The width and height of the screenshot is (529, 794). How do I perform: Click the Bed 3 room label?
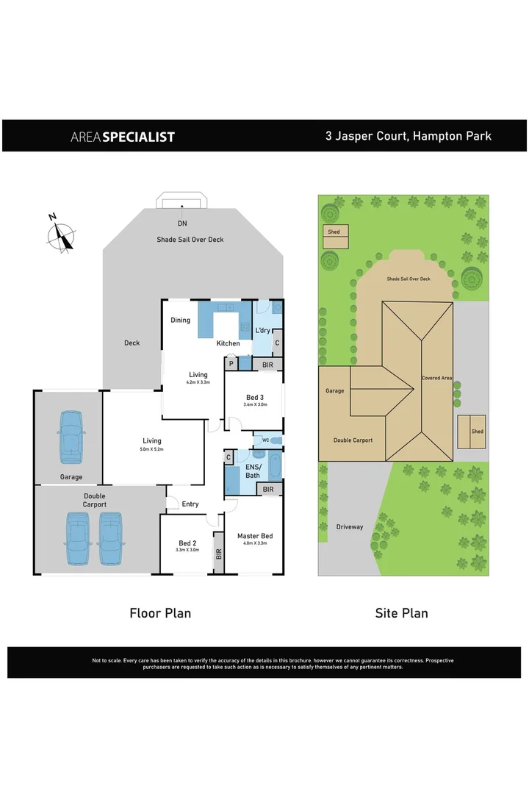tap(256, 397)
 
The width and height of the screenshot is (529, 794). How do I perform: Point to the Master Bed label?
tap(254, 536)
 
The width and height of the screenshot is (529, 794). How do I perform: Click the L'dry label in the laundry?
tap(263, 330)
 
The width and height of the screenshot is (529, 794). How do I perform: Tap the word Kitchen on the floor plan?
tap(228, 343)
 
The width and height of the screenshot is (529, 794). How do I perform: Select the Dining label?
tap(181, 320)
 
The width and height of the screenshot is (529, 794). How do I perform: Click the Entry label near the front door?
tap(190, 504)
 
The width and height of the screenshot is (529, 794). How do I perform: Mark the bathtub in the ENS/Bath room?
tap(275, 465)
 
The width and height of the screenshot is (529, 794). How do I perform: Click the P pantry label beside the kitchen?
tap(231, 363)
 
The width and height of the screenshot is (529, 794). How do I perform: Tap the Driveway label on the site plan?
tap(350, 526)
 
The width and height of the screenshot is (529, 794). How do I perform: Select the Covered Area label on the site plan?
tap(436, 378)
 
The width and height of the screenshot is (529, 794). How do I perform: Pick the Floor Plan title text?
tap(160, 612)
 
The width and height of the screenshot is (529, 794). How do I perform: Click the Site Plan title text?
tap(401, 612)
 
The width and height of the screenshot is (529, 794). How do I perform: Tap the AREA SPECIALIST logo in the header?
tap(123, 136)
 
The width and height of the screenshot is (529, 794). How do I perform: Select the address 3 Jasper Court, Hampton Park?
tap(409, 135)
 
